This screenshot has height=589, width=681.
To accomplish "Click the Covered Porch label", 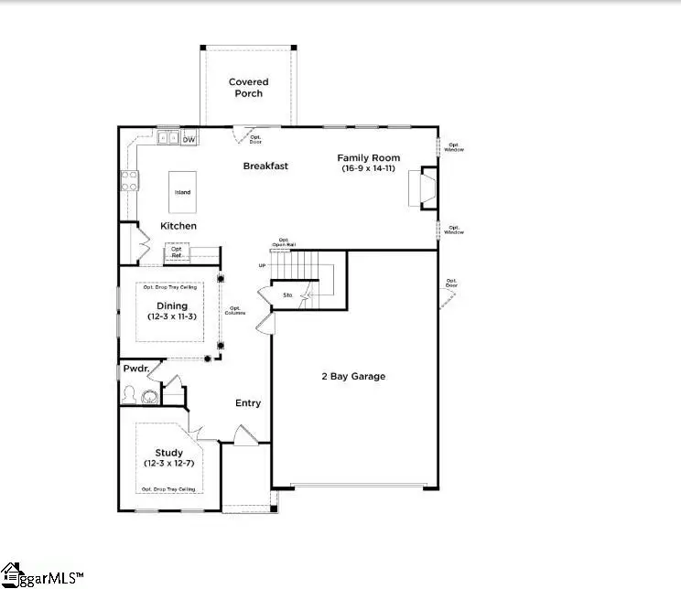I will point(248,88).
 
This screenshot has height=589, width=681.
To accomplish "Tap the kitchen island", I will point(183,192).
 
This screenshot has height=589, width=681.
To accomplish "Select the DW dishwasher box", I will point(189,139).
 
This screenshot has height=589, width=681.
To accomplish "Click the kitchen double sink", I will point(168,139).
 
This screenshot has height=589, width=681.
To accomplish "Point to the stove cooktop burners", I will point(129,181).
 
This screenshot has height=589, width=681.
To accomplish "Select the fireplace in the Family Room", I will point(427,187).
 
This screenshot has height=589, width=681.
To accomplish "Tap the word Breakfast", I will point(265,166).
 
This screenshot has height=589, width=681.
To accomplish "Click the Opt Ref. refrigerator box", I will point(177,252).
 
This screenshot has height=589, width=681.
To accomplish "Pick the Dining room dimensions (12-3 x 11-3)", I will point(172,316).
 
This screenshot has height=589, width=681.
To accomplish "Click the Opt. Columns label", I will point(237,311).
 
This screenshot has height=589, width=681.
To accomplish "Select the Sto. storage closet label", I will point(286,295).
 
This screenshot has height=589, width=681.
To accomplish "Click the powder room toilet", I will point(129,395).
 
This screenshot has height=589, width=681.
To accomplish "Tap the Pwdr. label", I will point(136,369).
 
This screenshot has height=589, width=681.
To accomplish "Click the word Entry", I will point(248,402).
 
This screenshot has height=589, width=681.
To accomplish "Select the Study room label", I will point(168,452).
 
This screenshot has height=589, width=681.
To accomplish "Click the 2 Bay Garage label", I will point(352,376).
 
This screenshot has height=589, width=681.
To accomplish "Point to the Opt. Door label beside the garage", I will point(451,284).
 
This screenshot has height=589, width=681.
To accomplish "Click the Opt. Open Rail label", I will point(284,242).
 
